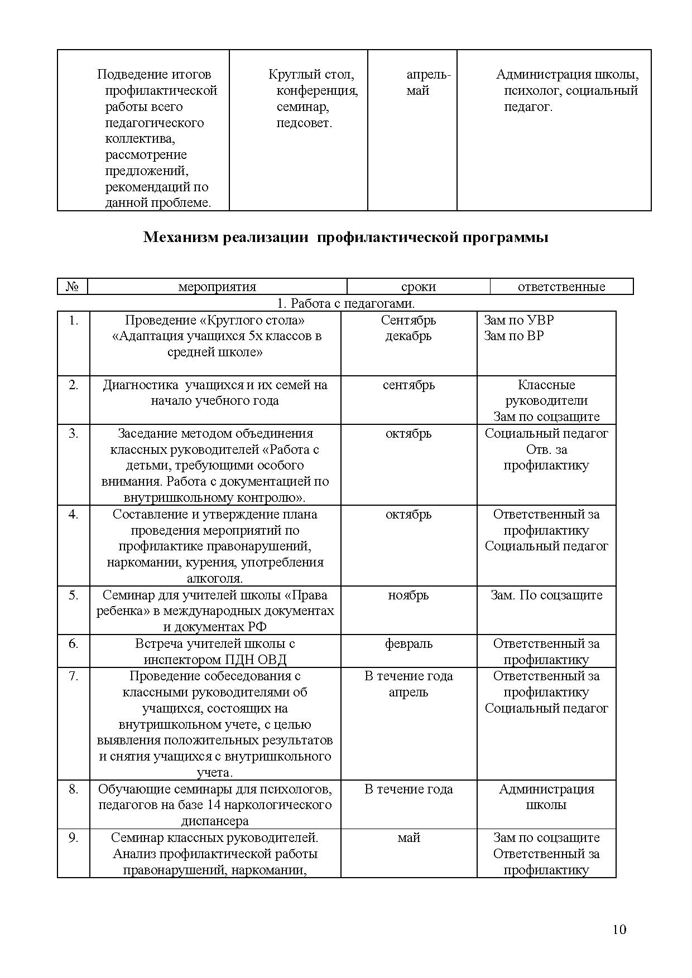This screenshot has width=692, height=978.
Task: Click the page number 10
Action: point(619,929)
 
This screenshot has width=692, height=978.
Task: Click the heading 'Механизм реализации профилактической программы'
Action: point(345,237)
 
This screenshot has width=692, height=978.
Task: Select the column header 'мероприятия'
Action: point(217,287)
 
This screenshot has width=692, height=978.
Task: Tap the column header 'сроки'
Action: point(418,287)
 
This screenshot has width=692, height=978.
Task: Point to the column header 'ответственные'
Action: point(561,287)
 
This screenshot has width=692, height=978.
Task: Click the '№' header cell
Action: point(73,287)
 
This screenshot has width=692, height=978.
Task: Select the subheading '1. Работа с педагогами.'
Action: point(345,303)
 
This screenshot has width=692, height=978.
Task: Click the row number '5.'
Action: point(74,595)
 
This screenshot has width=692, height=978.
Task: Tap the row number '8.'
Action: point(74,789)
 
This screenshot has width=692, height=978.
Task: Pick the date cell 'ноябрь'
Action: point(409,595)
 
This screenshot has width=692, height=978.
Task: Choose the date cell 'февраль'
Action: point(409,643)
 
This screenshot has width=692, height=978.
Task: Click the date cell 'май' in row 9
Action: point(409,837)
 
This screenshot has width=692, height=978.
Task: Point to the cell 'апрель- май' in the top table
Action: point(428,83)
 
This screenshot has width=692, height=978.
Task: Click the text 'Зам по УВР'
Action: point(518,320)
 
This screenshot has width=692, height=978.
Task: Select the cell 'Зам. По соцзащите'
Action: point(546,595)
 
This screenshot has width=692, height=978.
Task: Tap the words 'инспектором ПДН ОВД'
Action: point(215,660)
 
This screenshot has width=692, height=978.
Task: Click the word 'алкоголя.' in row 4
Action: point(215,578)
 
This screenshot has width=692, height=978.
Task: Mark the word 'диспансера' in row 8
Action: point(215,821)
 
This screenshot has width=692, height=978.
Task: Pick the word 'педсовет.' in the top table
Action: point(304,123)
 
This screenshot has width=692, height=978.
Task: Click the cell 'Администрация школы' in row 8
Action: point(546,797)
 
